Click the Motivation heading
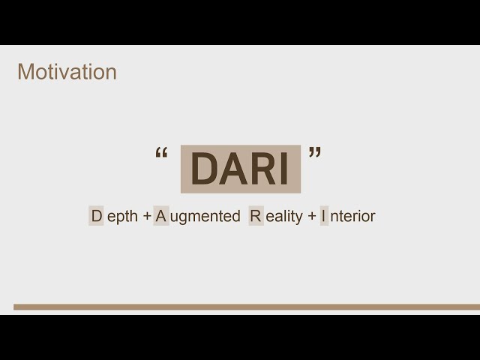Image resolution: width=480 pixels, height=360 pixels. click(67, 72)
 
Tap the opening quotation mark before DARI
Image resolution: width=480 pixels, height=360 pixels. click(161, 154)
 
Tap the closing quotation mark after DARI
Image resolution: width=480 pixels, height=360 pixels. click(315, 154)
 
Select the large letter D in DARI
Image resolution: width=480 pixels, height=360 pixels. click(204, 169)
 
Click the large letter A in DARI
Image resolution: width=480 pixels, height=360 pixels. click(233, 169)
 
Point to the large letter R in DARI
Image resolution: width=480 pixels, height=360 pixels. click(262, 169)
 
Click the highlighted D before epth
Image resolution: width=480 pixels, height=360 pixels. click(96, 217)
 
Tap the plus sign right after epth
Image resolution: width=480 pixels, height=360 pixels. click(147, 217)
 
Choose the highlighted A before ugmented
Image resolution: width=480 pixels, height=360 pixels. click(160, 217)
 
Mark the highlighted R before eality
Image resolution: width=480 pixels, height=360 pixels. click(256, 217)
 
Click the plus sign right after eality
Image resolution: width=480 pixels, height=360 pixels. click(311, 217)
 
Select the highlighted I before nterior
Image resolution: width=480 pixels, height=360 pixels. click(325, 217)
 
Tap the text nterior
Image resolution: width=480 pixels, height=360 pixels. click(352, 217)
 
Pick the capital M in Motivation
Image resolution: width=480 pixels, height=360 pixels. click(25, 72)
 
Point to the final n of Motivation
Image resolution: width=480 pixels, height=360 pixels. click(111, 73)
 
